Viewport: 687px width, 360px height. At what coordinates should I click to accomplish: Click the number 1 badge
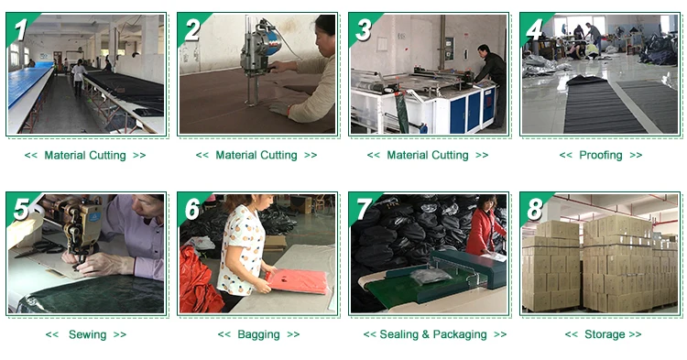[x=20, y=29]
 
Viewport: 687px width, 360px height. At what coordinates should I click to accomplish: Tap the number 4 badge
[x=534, y=29]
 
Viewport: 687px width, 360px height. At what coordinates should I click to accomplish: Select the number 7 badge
[x=363, y=209]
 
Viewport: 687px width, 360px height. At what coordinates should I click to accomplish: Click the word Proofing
[x=601, y=155]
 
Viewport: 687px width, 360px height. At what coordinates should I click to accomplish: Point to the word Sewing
[x=87, y=334]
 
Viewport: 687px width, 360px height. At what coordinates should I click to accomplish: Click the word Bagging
[x=258, y=334]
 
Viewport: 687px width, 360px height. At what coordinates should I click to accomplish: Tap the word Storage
[x=605, y=334]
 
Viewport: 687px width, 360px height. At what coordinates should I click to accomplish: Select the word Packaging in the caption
[x=460, y=334]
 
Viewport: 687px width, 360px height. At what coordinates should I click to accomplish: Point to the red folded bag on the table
[x=297, y=281]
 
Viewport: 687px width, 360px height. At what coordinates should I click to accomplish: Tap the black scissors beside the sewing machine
[x=38, y=249]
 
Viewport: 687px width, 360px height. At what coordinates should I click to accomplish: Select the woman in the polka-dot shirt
[x=243, y=250]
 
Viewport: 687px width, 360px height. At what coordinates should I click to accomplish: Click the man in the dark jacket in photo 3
[x=492, y=84]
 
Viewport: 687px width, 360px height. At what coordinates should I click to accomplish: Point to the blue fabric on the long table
[x=28, y=82]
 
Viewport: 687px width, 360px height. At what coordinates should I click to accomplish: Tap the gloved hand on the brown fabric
[x=279, y=108]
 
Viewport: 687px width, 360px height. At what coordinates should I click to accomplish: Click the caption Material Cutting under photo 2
[x=256, y=155]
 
